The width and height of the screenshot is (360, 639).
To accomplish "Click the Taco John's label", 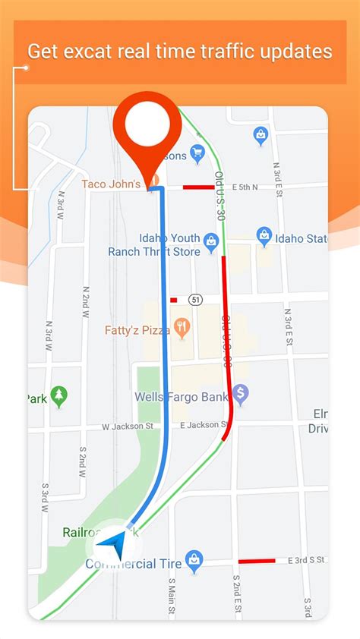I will [x=111, y=184].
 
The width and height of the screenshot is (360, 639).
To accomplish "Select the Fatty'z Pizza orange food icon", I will [x=181, y=329].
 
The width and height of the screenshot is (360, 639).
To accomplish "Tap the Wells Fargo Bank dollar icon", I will [x=241, y=394].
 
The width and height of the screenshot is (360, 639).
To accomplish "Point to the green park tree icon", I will [x=59, y=396].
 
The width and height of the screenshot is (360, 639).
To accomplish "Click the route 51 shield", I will [x=197, y=299].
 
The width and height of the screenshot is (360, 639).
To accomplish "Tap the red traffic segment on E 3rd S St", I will [x=256, y=562].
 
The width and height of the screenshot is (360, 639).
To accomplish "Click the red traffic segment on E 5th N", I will [x=198, y=187].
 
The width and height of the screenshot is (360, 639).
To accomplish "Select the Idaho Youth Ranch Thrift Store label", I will [x=153, y=245].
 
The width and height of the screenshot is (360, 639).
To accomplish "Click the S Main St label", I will [x=172, y=595].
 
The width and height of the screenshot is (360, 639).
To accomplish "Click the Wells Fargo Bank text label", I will [x=182, y=396].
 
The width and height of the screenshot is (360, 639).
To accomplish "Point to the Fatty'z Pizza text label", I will [x=137, y=330].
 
